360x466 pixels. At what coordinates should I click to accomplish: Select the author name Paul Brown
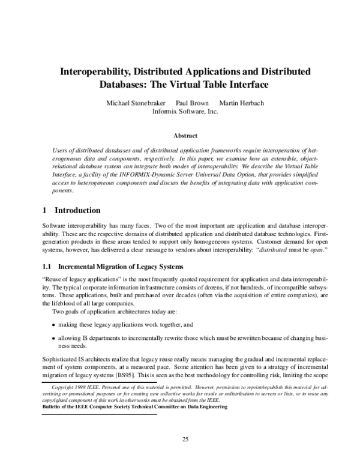192,103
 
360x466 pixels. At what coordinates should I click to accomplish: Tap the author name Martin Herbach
241,103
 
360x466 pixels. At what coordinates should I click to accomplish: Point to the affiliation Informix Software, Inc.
185,111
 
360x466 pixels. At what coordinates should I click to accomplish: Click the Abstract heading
185,136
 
